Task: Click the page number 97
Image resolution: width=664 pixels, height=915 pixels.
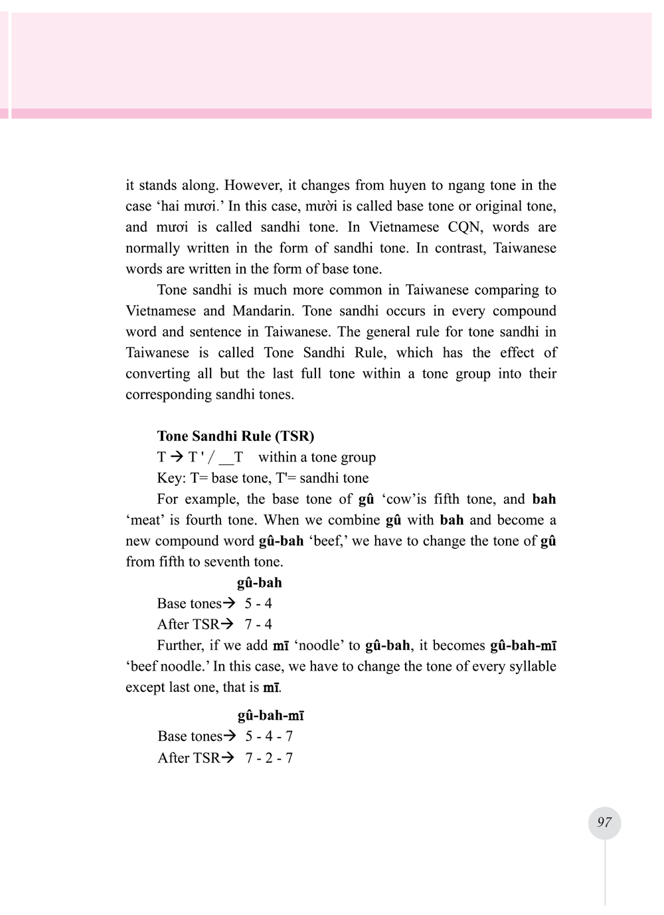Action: click(604, 822)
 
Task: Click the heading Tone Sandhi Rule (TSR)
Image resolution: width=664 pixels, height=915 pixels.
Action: click(236, 436)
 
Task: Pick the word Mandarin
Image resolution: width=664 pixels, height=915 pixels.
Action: click(262, 311)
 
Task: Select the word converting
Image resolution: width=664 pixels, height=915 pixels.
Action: click(157, 374)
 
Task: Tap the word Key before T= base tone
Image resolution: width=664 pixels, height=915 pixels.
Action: click(171, 478)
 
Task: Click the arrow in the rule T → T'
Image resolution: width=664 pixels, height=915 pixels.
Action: click(177, 457)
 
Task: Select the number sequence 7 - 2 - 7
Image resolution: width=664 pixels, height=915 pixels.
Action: click(269, 758)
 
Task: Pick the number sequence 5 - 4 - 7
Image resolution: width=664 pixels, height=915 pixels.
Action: click(269, 736)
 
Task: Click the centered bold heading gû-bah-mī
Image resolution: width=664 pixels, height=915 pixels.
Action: click(271, 715)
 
